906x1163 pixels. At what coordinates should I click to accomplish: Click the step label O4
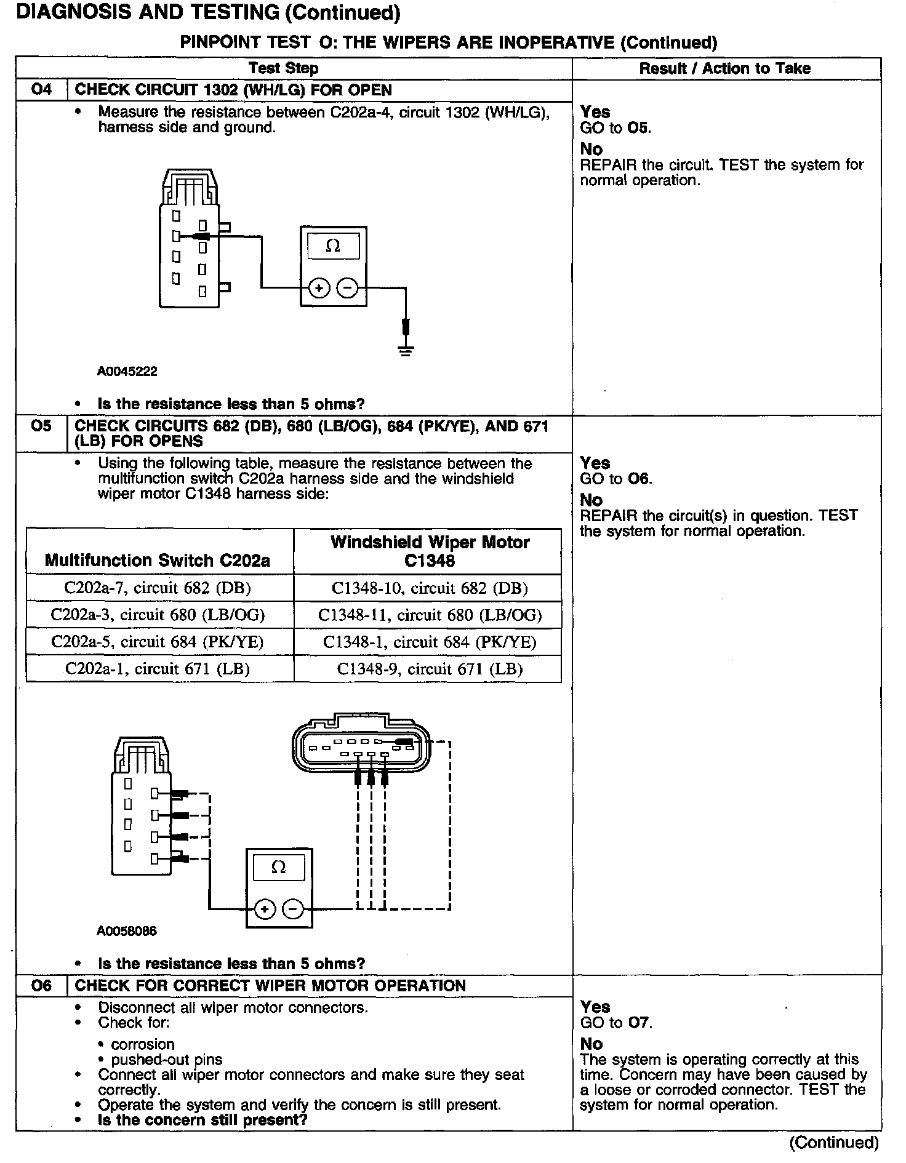[41, 90]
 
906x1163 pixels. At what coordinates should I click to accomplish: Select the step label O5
[41, 426]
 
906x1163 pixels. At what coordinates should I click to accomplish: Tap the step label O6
[41, 985]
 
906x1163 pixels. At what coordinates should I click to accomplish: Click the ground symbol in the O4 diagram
[406, 351]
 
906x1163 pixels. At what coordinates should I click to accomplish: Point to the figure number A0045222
[127, 372]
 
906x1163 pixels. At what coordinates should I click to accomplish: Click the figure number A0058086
[127, 931]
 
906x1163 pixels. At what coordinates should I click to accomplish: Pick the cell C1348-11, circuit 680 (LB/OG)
[430, 615]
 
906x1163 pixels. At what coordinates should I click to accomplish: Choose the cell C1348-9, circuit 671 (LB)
[430, 669]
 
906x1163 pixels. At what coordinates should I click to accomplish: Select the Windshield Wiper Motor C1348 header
[430, 551]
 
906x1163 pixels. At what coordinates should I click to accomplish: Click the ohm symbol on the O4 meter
[333, 246]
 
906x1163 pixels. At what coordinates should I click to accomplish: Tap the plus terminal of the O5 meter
[265, 909]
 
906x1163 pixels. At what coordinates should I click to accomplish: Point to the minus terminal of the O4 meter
[348, 288]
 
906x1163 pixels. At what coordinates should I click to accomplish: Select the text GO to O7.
[616, 1023]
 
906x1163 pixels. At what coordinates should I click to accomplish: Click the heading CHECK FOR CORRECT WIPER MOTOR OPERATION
[270, 985]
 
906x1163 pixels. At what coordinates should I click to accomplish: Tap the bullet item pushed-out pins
[167, 1060]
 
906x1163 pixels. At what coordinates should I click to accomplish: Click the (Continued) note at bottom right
[834, 1142]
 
